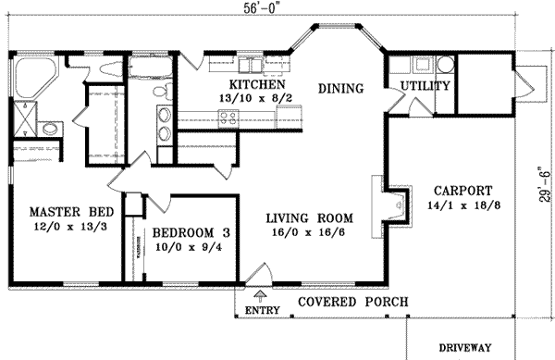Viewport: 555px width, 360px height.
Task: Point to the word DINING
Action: point(339,88)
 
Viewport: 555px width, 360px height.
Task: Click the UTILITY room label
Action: point(425,86)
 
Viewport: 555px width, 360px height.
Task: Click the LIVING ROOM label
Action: point(308,217)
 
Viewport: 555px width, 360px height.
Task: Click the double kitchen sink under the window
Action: point(250,65)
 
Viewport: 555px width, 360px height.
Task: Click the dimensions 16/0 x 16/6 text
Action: point(308,233)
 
